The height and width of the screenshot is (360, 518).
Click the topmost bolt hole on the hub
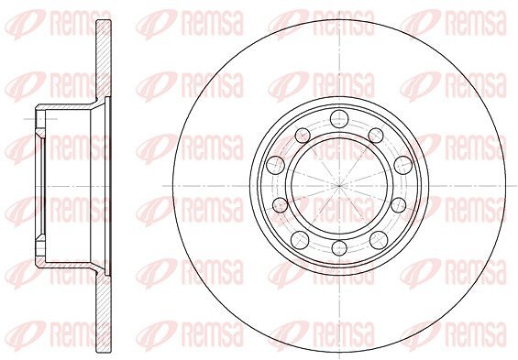coord(339,118)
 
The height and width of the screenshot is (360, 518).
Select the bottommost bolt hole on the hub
coord(339,248)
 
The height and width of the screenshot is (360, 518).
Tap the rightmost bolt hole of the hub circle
coord(403,165)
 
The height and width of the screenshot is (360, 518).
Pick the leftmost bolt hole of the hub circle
coord(276,165)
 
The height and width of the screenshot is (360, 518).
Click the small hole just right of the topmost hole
coord(376,136)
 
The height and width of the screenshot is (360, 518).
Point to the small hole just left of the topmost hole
coord(303,136)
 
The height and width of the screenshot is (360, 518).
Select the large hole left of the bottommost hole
coord(300,240)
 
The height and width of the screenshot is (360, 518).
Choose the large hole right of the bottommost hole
coord(379,240)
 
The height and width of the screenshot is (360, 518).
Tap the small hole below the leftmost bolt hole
coord(281,205)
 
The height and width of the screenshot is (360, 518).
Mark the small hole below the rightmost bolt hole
coord(399,205)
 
